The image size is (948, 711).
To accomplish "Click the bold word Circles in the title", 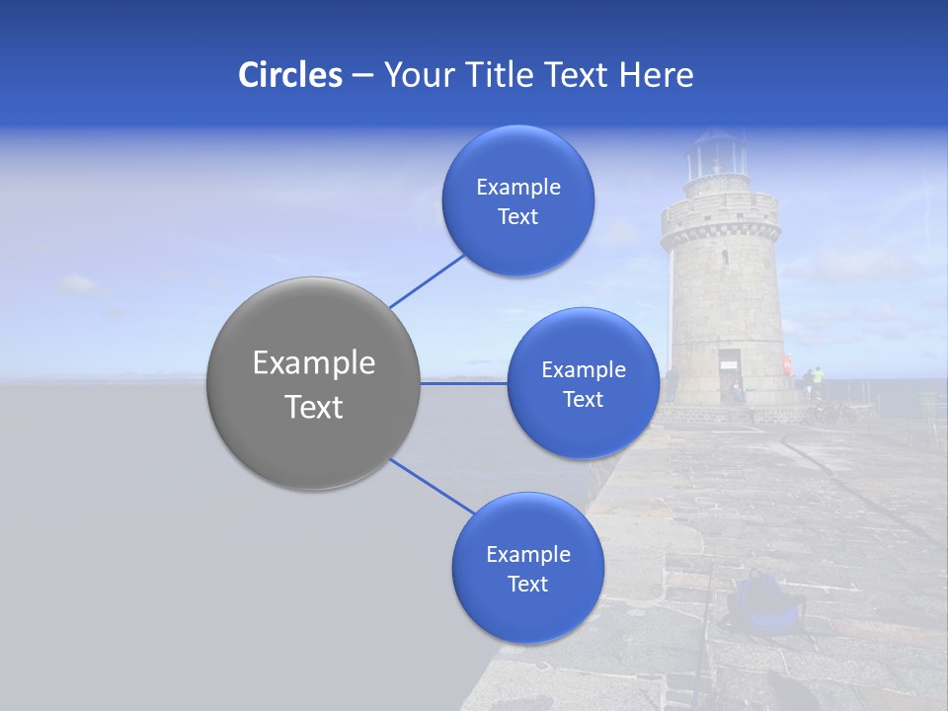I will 289,75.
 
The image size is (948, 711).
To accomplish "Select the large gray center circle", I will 313,383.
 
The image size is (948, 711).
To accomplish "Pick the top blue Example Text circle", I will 517,200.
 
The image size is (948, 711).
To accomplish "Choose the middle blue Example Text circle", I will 583,383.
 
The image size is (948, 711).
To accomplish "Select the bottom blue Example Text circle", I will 527,568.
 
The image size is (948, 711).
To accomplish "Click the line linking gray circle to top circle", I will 427,280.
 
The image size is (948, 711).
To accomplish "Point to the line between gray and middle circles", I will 464,383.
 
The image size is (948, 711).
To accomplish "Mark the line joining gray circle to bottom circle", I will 433,486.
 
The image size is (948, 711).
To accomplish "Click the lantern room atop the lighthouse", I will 717,155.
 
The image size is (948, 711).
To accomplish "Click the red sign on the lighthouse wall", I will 787,364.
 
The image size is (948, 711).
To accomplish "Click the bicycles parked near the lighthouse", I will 829,411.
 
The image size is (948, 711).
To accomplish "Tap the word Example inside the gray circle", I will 313,363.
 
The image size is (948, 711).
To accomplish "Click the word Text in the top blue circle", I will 517,217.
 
